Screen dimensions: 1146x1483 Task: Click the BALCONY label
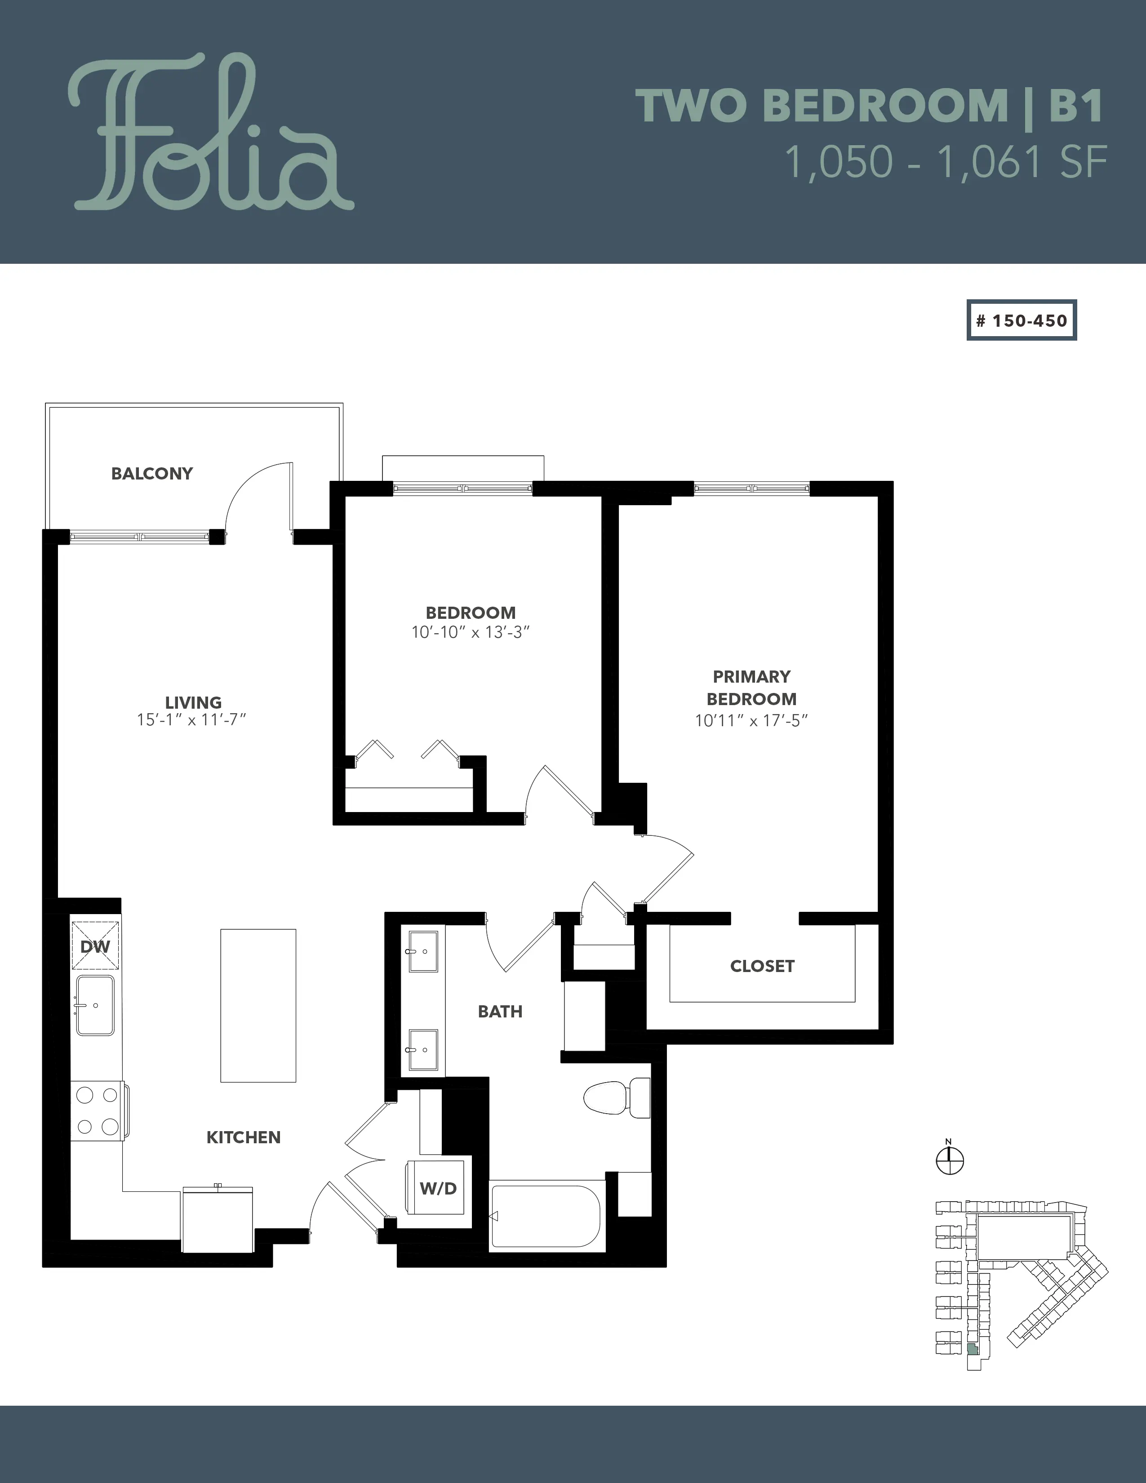click(152, 473)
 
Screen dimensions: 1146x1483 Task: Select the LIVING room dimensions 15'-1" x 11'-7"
click(191, 720)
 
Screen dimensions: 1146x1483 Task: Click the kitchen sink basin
click(95, 1005)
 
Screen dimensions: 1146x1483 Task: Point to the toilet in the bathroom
click(617, 1097)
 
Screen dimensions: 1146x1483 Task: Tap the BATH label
click(500, 1012)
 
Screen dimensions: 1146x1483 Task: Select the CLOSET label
click(762, 966)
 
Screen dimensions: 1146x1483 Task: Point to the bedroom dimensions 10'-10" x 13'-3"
click(471, 632)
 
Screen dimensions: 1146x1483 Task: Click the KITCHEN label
click(244, 1137)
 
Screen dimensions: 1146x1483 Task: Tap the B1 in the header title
click(1076, 106)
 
